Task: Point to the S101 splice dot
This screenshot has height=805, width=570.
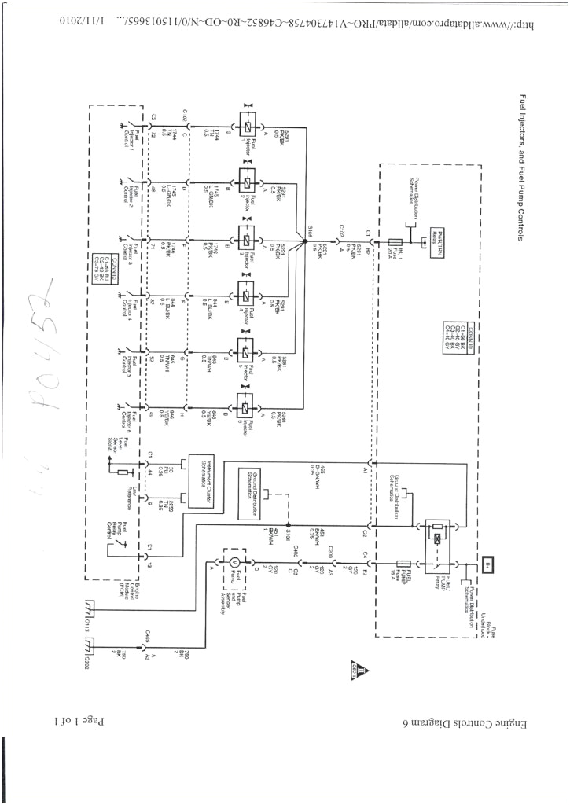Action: [289, 525]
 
